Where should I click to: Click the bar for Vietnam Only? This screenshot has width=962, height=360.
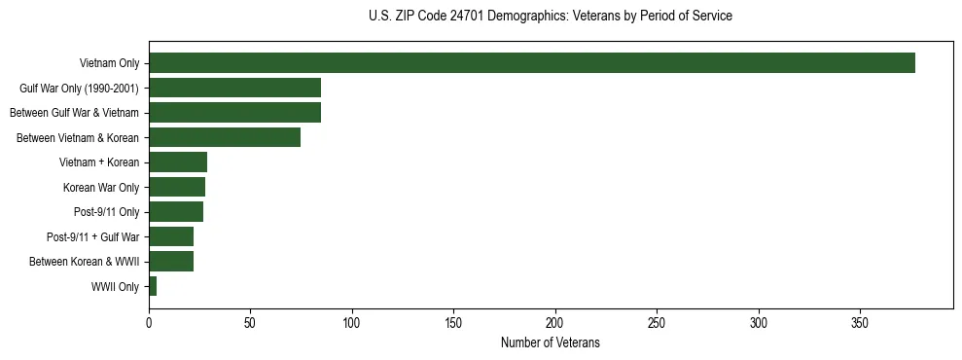click(531, 63)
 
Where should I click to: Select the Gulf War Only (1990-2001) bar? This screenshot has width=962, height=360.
click(234, 88)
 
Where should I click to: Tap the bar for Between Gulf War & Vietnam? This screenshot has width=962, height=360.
click(234, 113)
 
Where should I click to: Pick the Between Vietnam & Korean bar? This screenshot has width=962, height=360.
click(225, 137)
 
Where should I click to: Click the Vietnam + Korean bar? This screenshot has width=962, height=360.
click(178, 162)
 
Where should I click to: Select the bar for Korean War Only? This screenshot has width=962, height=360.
click(177, 187)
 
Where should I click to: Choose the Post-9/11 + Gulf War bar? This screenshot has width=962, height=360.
click(171, 236)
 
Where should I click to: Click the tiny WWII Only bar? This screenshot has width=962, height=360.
click(153, 286)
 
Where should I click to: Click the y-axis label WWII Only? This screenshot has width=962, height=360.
click(115, 287)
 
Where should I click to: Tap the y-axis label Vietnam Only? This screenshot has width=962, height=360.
click(109, 64)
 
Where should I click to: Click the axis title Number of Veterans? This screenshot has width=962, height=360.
click(550, 343)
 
